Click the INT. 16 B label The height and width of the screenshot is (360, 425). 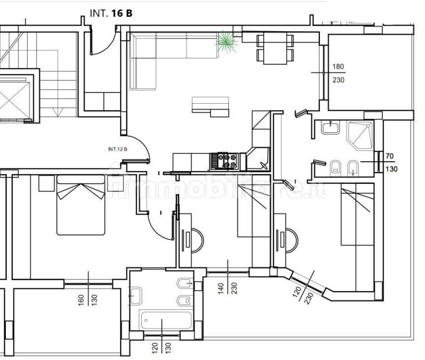pyautogui.click(x=111, y=13)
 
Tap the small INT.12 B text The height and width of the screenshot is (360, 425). pyautogui.click(x=118, y=149)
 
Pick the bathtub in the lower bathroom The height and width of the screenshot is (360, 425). pyautogui.click(x=166, y=320)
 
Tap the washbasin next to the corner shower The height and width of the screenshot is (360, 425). pyautogui.click(x=330, y=127)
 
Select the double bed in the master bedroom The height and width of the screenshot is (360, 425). pyautogui.click(x=81, y=205)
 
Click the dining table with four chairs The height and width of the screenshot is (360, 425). pyautogui.click(x=275, y=48)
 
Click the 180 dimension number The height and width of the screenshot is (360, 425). pyautogui.click(x=338, y=67)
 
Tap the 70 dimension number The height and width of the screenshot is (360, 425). pyautogui.click(x=390, y=156)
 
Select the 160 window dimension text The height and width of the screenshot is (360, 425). pyautogui.click(x=81, y=300)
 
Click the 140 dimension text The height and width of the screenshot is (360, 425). pyautogui.click(x=221, y=288)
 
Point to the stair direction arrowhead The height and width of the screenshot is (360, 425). pyautogui.click(x=58, y=112)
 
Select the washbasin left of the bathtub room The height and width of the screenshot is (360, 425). pyautogui.click(x=136, y=296)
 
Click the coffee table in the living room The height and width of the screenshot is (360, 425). pyautogui.click(x=210, y=107)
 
